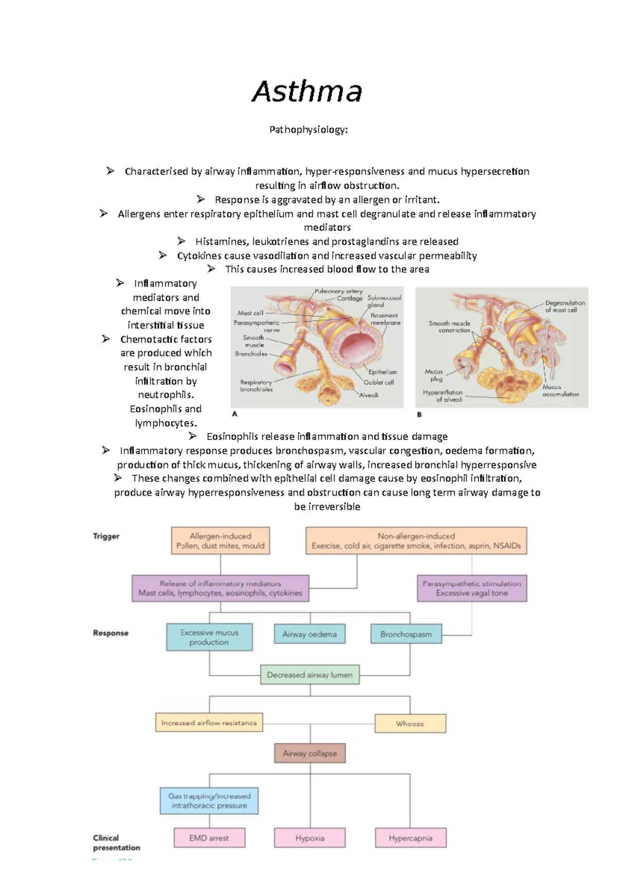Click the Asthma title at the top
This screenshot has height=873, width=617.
pos(307,92)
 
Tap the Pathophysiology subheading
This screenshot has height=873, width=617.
pos(308,130)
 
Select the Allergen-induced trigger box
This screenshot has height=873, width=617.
pos(220,540)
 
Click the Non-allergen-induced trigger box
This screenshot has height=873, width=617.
pos(416,540)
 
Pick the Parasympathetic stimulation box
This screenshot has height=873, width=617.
pos(471,588)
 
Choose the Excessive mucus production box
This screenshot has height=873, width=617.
pos(209,637)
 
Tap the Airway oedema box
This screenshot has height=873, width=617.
pos(310,634)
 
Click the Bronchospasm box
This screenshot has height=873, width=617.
pos(406,634)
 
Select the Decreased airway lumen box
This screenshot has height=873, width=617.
pos(310,675)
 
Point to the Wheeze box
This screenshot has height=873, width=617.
pos(410,723)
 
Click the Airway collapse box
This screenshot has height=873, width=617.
pos(310,753)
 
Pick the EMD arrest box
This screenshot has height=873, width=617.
pos(209,838)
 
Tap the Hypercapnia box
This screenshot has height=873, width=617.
pos(410,838)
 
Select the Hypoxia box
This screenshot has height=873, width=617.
pos(310,838)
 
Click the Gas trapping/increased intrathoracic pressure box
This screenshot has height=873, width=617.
pos(209,801)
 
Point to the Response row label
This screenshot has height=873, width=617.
pos(111,633)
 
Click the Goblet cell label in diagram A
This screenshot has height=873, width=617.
pos(378,383)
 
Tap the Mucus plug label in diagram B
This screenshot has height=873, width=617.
pos(434,375)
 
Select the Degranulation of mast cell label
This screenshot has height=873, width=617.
pos(565,306)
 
